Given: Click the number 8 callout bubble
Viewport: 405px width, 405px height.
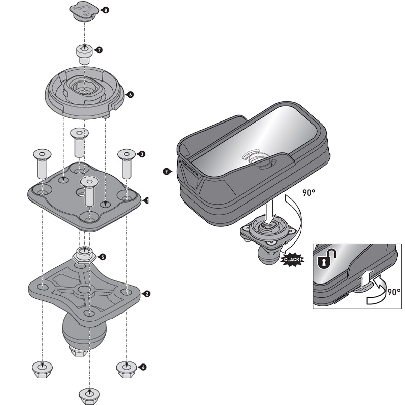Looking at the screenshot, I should coord(105,10).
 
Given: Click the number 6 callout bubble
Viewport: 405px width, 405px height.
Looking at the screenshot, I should coord(131,94).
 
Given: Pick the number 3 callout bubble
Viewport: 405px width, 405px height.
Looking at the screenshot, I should coord(142,154).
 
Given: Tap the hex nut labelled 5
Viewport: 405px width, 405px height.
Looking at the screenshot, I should coord(84,255).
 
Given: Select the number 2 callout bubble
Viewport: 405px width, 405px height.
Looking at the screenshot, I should coord(146,293).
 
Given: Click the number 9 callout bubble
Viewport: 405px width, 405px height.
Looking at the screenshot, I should coord(167,172).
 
